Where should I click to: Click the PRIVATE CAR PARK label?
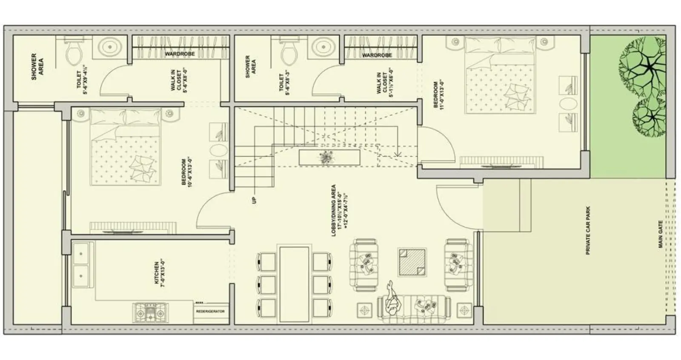point(588,230)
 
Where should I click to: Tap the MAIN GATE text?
point(660,234)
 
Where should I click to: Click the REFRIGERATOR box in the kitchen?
point(210,311)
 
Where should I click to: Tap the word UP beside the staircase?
point(255,200)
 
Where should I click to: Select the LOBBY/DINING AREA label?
point(339,210)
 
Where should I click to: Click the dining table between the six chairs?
point(294,283)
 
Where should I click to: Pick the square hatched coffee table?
point(412,262)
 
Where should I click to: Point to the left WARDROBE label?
point(180,54)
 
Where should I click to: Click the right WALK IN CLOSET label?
point(385,83)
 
